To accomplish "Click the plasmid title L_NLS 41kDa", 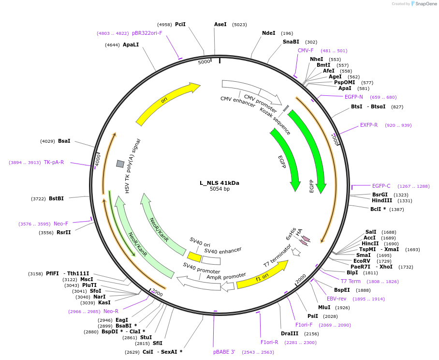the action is click(219, 183).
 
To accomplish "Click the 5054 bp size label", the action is click(219, 189).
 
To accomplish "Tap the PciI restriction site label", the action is click(180, 24).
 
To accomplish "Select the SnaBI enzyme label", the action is click(291, 42).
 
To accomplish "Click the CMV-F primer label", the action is click(306, 50).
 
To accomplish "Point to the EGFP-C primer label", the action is click(381, 186).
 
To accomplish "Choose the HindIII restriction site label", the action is click(381, 200).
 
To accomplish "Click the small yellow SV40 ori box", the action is click(194, 257).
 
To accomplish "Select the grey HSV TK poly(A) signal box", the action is click(120, 164).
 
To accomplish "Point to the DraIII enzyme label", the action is click(290, 333).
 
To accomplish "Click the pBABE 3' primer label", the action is click(224, 352).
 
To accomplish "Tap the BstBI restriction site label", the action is click(56, 198).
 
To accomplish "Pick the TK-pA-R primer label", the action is click(54, 162).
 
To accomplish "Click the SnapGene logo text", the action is click(425, 4).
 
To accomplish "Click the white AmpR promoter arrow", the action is click(227, 286).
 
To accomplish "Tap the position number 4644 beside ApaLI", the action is click(112, 45).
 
